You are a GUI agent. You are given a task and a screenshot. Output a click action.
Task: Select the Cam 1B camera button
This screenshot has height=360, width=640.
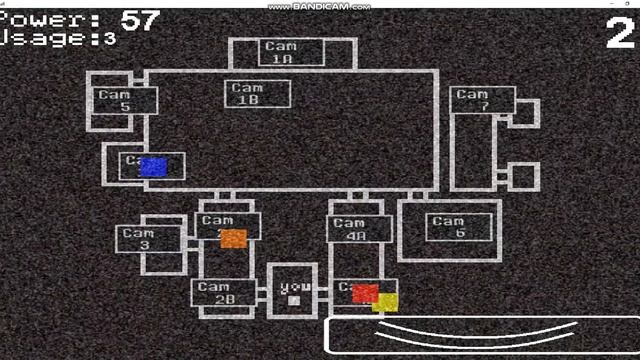[258, 94]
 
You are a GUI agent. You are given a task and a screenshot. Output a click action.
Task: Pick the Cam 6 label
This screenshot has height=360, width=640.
[459, 227]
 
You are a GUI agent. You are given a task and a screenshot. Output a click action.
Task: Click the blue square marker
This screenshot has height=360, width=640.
[153, 167]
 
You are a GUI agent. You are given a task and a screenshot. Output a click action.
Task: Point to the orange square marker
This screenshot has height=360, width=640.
[233, 239]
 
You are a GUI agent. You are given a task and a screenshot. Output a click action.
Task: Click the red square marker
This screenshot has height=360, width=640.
[365, 293]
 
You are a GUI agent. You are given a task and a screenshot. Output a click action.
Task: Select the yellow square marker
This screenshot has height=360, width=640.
[385, 302]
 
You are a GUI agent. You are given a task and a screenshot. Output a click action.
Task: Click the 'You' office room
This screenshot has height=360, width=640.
[293, 291]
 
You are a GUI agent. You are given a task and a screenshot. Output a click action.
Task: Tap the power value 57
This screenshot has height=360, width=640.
[140, 19]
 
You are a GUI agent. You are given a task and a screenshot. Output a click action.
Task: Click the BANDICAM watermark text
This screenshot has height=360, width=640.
[319, 6]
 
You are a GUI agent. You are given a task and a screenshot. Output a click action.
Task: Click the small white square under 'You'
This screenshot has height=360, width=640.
[293, 299]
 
